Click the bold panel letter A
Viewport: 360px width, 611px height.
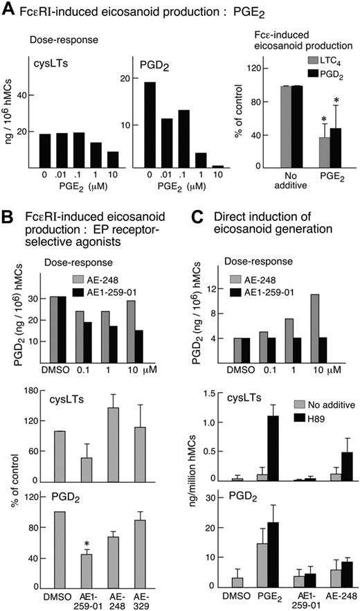click(x=9, y=10)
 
